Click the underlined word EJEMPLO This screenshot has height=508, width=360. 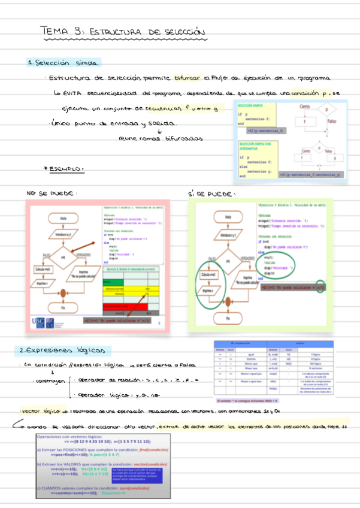point(67,170)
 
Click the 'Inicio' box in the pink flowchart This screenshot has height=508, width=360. point(63,219)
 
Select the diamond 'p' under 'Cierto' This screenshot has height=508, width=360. point(326,110)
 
